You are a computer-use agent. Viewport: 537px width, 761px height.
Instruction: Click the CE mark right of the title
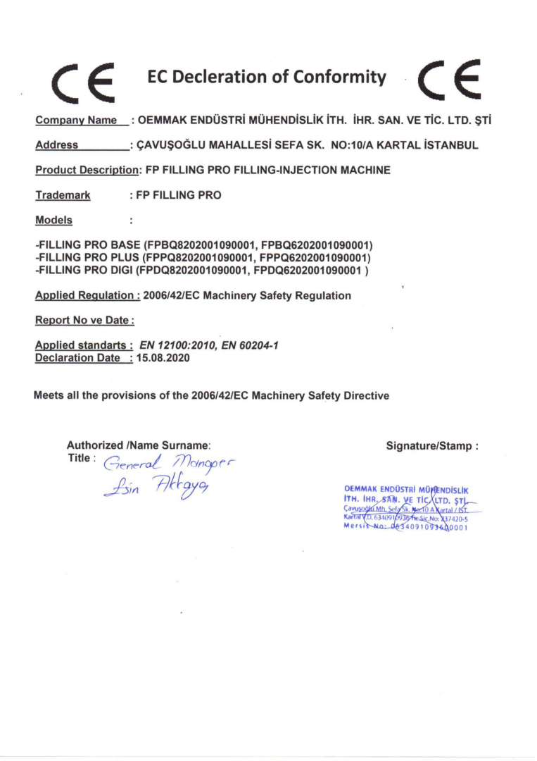448,78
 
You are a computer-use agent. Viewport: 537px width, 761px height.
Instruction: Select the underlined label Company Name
76,120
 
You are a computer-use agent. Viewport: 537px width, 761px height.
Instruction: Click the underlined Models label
53,221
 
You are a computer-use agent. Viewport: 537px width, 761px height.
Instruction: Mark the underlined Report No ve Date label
84,321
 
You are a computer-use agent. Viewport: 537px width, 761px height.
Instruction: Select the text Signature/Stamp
432,445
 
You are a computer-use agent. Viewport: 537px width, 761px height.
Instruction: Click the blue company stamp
407,507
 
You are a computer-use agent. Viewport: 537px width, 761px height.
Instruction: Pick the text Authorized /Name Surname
139,445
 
